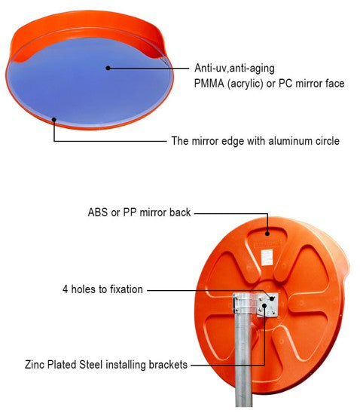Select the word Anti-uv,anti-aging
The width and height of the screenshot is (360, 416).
pos(234,69)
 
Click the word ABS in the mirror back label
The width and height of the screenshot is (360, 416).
pos(98,213)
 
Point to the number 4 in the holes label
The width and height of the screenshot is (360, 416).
pos(65,289)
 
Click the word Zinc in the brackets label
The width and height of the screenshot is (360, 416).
pos(35,365)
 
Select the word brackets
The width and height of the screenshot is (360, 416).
pos(168,365)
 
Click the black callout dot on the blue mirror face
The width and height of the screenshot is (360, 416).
pos(108,68)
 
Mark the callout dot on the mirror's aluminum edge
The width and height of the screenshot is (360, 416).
pos(53,120)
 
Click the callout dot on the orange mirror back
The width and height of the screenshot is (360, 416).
pos(267,234)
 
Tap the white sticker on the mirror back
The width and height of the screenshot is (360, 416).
pos(267,257)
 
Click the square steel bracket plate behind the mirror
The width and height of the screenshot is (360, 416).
pos(267,304)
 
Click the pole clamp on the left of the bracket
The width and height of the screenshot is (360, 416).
pos(236,304)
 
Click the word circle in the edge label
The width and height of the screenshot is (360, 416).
pos(328,141)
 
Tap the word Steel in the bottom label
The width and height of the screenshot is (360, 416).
pos(91,365)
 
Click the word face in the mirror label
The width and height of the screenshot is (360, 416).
pos(335,84)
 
